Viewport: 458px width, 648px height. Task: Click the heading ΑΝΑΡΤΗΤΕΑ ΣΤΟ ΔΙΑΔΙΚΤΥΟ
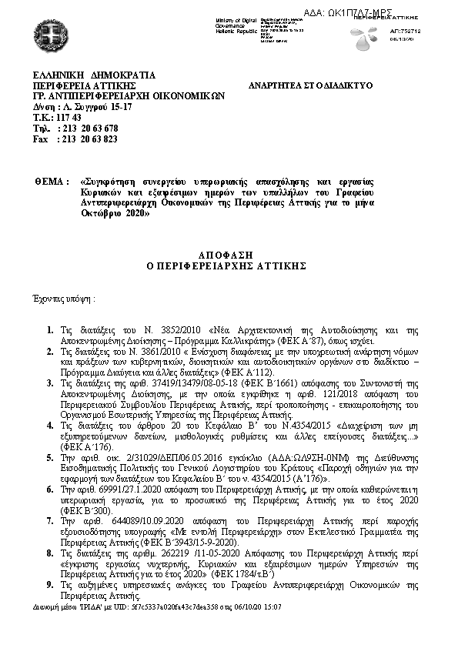(310, 85)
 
